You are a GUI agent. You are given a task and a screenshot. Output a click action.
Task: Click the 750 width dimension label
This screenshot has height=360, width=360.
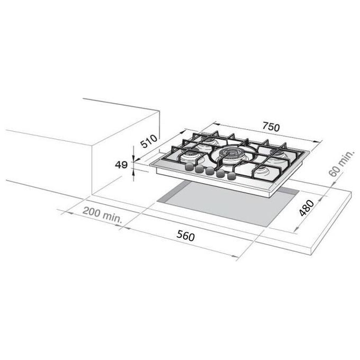click(271, 127)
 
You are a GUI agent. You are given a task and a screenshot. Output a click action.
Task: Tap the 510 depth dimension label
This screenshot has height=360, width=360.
click(149, 141)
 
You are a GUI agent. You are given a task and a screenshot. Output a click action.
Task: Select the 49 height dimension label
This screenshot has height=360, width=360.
click(121, 165)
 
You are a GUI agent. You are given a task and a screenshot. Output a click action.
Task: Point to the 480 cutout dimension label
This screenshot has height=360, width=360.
click(307, 208)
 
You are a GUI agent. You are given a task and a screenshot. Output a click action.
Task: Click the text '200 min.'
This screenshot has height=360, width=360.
click(102, 215)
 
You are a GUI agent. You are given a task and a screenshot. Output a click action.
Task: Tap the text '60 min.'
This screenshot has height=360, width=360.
click(341, 164)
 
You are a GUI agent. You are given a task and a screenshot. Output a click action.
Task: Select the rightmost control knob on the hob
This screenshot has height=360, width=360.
click(231, 176)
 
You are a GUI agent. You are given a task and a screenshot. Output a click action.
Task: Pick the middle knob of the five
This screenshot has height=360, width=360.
click(210, 171)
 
